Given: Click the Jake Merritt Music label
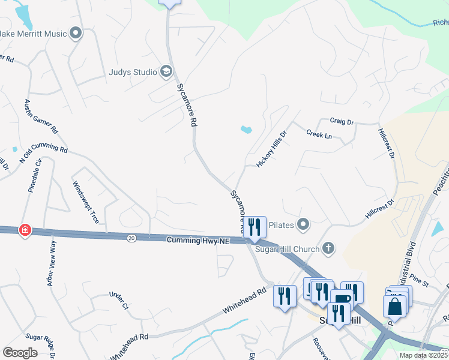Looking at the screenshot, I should tap(33, 34).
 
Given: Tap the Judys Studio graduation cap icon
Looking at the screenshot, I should tap(166, 73).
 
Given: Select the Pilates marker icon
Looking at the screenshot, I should tap(303, 225).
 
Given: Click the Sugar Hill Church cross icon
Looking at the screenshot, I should tap(328, 247).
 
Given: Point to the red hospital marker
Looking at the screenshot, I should tap(25, 230).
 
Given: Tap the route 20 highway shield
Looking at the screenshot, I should tap(131, 238).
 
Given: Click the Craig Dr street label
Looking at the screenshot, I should tap(342, 122).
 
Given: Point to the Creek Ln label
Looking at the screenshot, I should tap(319, 134).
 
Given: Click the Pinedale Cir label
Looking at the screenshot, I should tap(35, 175).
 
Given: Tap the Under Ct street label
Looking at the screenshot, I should tap(119, 301).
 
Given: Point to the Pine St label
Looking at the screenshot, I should tap(420, 280).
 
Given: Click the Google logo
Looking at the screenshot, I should tap(20, 353).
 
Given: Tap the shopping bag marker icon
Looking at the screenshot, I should tap(394, 307).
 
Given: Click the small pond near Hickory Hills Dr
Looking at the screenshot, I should tap(246, 129).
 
